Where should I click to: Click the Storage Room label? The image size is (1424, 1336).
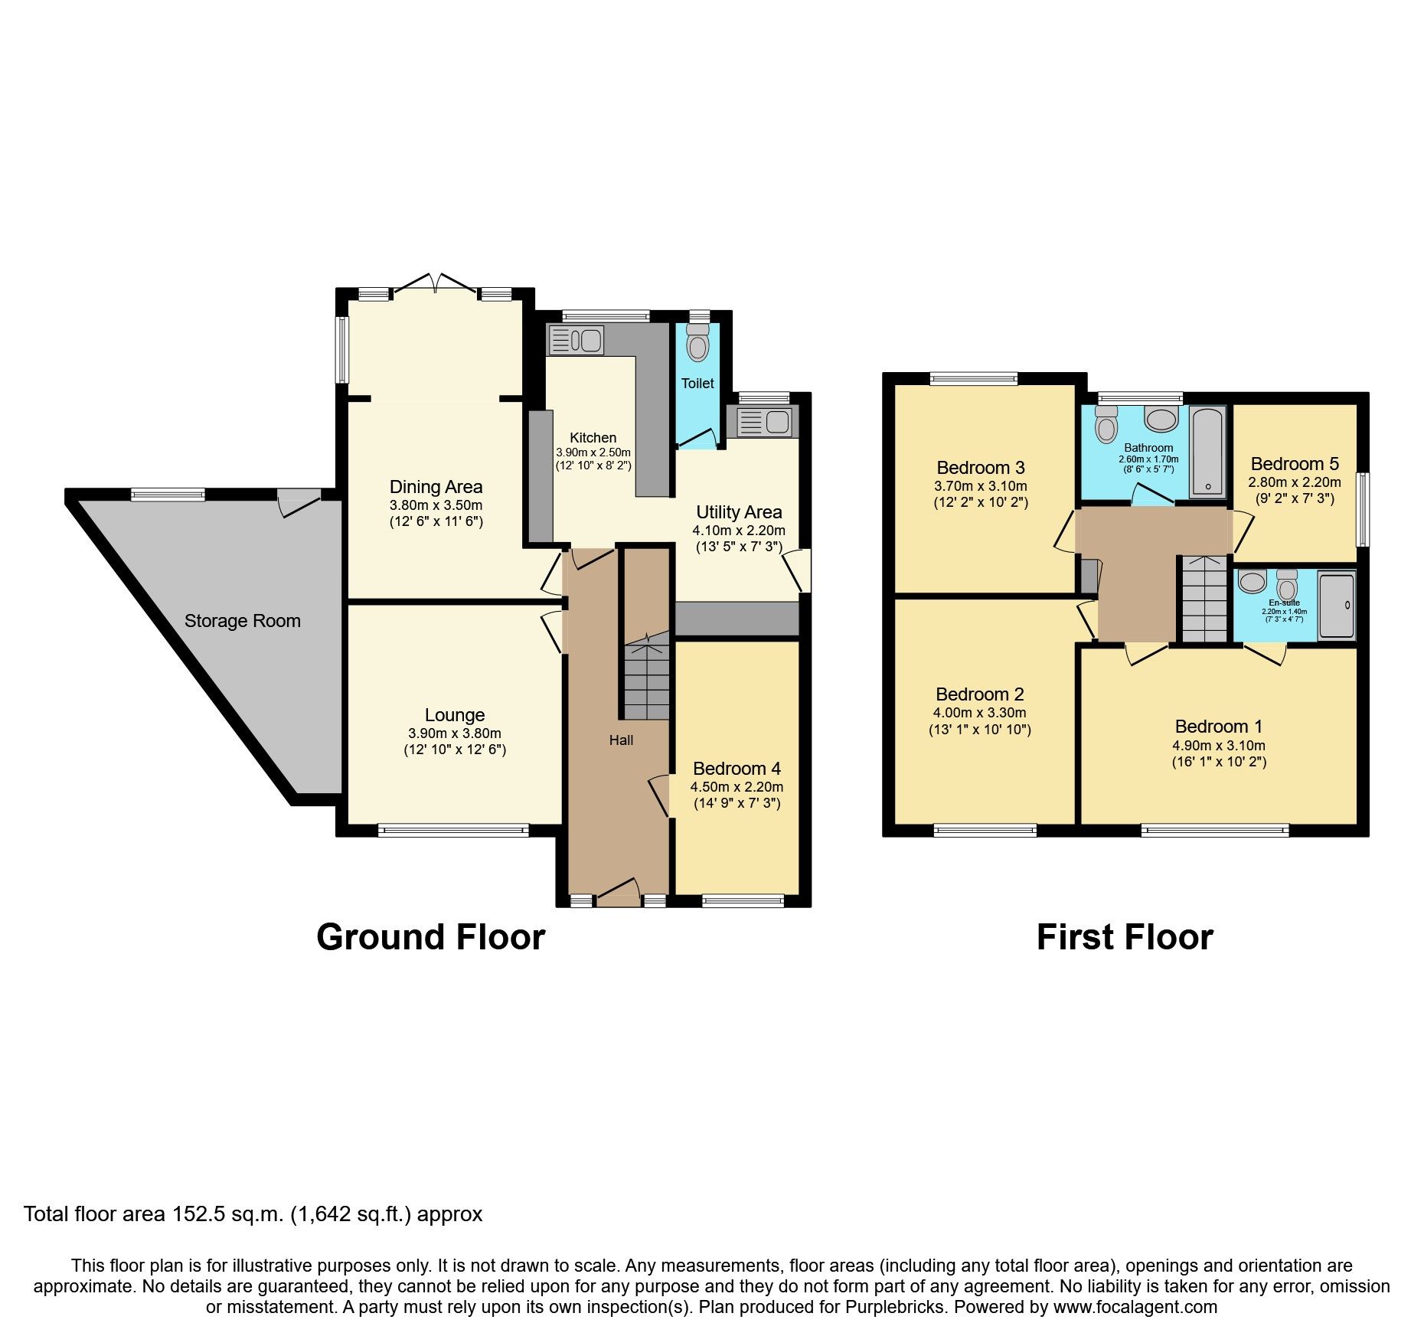pos(242,621)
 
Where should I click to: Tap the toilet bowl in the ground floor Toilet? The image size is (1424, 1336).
pos(697,345)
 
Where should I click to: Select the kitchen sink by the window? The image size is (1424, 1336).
pos(576,340)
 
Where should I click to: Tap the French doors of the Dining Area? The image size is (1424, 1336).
pos(436,285)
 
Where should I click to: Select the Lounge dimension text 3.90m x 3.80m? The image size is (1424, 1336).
pos(455,733)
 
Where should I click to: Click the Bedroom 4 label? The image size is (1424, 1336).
pos(736,769)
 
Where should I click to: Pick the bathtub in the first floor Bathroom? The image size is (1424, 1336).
pos(1207,452)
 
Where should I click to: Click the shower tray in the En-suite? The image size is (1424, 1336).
pos(1337,606)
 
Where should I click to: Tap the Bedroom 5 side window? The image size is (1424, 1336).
pos(1363,509)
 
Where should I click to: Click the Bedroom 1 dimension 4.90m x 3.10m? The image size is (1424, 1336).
pos(1219,746)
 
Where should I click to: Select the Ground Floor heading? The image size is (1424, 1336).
pos(430,938)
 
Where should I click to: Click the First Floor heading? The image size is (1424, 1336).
pos(1125,938)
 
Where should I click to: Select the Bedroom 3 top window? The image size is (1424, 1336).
pos(974,378)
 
